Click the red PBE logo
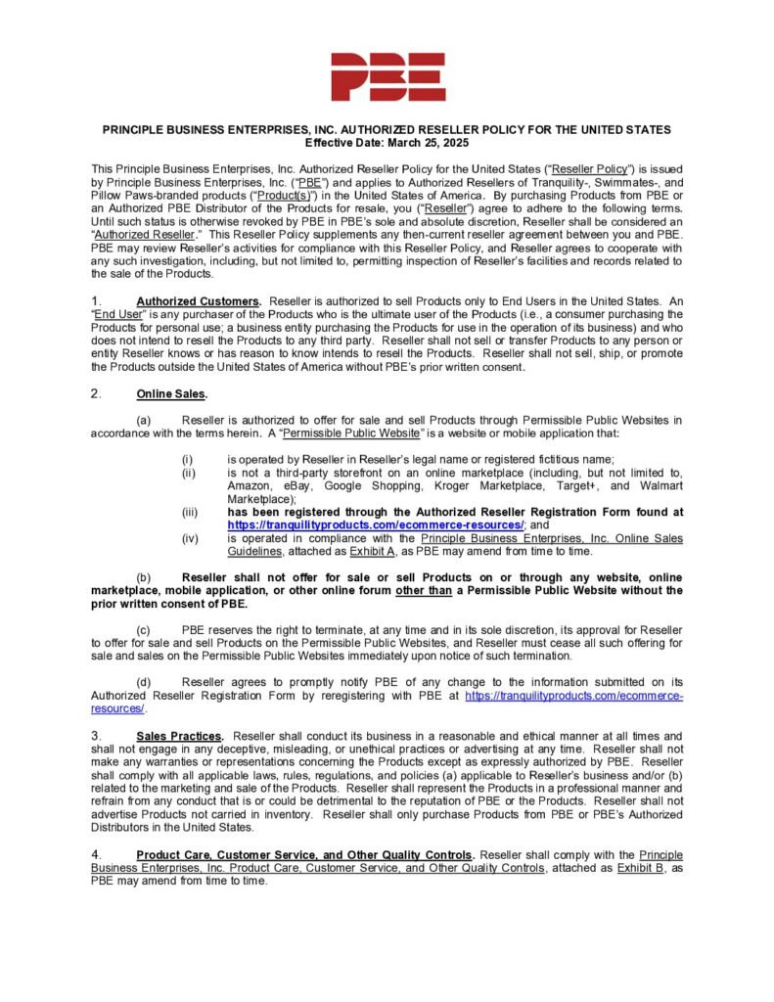(x=387, y=76)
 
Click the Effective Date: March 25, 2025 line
(x=387, y=142)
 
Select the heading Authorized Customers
(x=199, y=300)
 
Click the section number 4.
(x=96, y=854)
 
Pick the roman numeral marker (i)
(x=187, y=460)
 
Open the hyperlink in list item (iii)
(x=376, y=524)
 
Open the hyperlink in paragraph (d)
(x=573, y=695)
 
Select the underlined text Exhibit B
(x=642, y=868)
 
